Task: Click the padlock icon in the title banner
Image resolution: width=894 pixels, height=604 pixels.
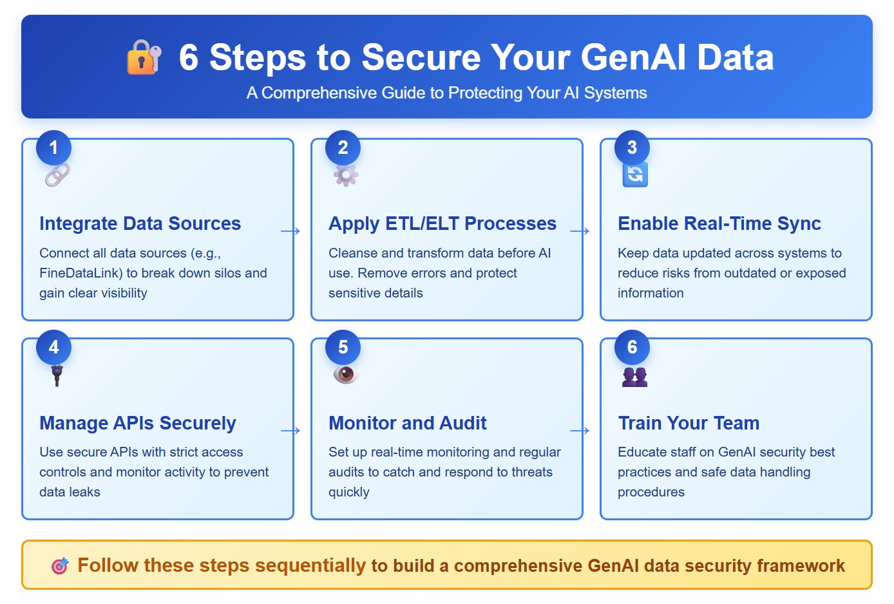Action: click(144, 57)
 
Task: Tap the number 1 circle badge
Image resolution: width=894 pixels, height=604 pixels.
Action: click(53, 147)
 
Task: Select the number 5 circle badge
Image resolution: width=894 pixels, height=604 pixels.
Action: click(343, 347)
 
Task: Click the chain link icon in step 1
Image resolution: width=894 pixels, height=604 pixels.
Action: click(57, 175)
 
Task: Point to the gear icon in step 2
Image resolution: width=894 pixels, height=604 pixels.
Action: click(346, 175)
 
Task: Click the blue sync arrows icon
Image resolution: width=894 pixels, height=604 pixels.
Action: click(635, 175)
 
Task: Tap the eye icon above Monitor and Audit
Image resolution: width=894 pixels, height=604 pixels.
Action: click(346, 374)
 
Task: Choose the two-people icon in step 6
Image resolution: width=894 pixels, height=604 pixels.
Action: click(635, 376)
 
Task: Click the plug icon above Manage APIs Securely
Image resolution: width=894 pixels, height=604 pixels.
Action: click(57, 374)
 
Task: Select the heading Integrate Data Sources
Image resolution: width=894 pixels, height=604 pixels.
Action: click(140, 223)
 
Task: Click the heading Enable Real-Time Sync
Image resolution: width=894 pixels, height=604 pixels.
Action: click(719, 223)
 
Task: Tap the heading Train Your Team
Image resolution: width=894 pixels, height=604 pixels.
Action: click(689, 423)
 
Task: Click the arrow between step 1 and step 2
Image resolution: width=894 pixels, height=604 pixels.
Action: click(291, 231)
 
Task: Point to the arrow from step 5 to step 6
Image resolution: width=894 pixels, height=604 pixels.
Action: click(580, 431)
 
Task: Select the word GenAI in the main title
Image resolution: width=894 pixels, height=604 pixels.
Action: click(634, 57)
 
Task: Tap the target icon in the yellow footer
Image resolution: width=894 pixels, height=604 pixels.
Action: click(60, 566)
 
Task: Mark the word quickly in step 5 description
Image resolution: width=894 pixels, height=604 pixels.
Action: click(348, 492)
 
